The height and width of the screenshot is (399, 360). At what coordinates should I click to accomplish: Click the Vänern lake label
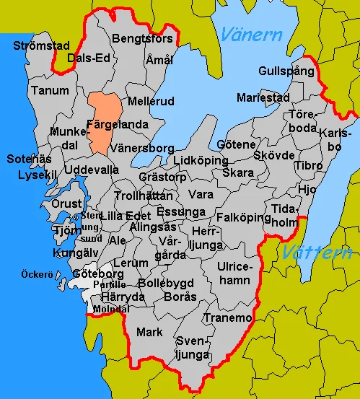(252, 33)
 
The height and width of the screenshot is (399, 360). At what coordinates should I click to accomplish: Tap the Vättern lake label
(317, 253)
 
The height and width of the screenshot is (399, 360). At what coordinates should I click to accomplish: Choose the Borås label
(180, 297)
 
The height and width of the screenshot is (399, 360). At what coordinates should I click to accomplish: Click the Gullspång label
(287, 71)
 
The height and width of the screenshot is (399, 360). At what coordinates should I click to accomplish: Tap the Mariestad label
(263, 97)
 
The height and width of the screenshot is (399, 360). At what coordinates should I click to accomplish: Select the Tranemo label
(228, 318)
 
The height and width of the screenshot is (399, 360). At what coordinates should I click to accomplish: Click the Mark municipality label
(149, 333)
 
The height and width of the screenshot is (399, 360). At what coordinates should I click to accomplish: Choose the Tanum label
(51, 91)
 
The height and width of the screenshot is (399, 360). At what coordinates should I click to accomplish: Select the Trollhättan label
(144, 196)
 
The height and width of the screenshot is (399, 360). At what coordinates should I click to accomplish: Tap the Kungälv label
(74, 254)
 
